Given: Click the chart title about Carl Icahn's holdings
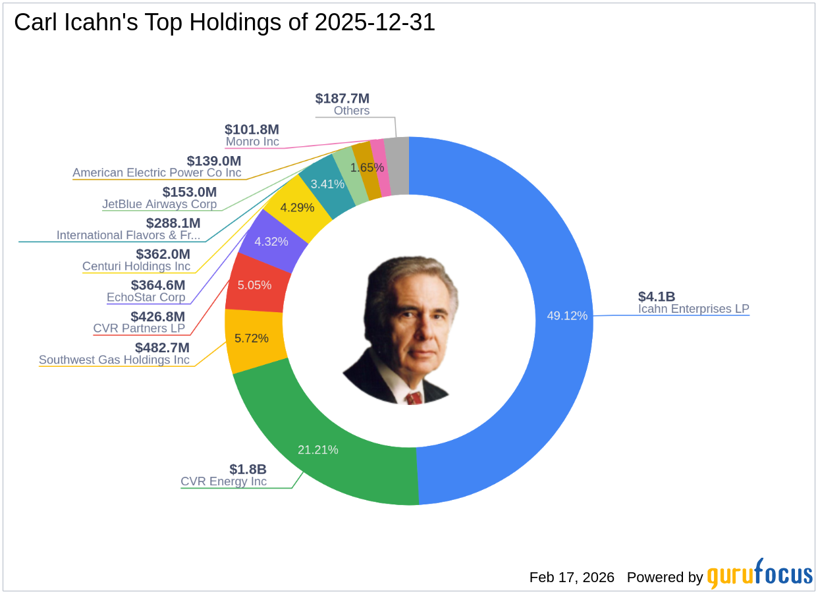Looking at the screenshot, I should pos(225,23).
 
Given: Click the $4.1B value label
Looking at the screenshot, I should pos(657,296).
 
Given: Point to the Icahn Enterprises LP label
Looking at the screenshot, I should pos(694,309).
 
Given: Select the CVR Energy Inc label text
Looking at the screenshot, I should pos(224,482).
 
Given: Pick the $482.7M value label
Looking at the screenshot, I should pos(162,347).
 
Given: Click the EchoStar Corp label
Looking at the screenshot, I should pos(146,298).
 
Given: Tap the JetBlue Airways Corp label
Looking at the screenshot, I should pos(159,204).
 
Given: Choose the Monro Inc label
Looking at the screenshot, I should pos(252,142).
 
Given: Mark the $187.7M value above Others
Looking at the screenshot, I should pos(342,99).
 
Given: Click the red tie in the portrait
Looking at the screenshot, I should pos(414,398).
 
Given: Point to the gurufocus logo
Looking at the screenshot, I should pos(760,575).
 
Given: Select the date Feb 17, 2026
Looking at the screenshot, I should pos(572,578).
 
